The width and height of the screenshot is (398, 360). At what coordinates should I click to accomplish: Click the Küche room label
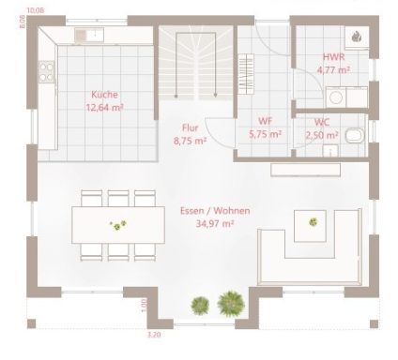pos(104,95)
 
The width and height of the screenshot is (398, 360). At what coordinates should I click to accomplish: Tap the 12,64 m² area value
pos(104,108)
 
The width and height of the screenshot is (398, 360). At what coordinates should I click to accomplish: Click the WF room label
pos(265,122)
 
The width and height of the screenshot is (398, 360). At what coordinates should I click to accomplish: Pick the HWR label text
pos(333,58)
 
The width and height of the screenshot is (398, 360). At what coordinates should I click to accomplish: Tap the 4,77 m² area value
pos(333,70)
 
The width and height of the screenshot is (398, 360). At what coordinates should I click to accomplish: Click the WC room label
pos(320,122)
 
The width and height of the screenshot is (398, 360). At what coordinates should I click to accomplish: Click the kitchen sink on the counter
pos(94,35)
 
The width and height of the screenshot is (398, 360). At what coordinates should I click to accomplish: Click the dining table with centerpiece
pos(118,224)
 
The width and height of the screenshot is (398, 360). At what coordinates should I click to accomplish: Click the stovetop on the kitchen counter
pos(45,67)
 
